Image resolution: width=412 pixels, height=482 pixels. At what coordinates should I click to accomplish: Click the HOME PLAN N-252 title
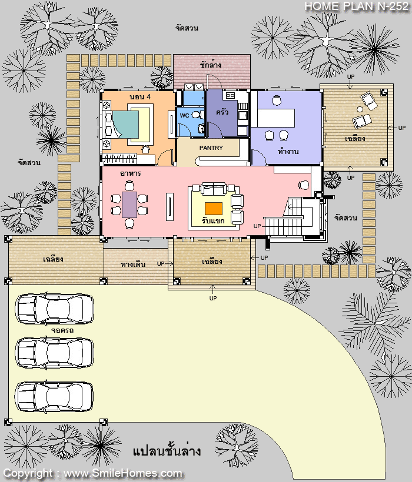click(357, 6)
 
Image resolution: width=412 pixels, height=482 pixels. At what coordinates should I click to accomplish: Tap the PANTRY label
click(211, 148)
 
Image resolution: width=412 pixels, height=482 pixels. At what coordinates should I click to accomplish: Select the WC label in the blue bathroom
click(184, 116)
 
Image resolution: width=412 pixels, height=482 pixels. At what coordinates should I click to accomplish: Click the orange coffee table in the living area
click(214, 209)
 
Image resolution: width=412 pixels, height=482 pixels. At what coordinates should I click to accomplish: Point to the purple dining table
click(129, 205)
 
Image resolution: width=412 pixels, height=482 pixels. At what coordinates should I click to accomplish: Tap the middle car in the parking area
click(55, 353)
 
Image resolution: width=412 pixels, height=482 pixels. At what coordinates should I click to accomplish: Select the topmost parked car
click(55, 309)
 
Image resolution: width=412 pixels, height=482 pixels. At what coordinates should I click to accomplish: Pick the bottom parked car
click(55, 397)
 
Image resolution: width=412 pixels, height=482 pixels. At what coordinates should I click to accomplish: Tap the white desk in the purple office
click(276, 118)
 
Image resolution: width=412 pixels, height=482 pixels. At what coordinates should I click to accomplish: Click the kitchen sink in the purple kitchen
click(242, 115)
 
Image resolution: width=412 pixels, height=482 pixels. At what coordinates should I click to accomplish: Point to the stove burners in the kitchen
click(231, 96)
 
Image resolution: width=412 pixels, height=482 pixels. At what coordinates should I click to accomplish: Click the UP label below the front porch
click(213, 298)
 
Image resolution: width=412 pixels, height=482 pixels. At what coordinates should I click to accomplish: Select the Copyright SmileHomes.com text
click(92, 473)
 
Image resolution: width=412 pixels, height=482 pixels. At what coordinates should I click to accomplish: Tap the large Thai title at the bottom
click(167, 451)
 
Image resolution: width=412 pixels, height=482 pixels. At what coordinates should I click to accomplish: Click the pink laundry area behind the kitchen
click(212, 72)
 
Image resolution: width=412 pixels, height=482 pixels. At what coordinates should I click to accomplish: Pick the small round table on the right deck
click(360, 109)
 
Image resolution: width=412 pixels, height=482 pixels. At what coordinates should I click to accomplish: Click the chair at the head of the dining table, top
click(129, 186)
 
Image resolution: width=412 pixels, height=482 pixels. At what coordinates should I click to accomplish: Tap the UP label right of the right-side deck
click(402, 128)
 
